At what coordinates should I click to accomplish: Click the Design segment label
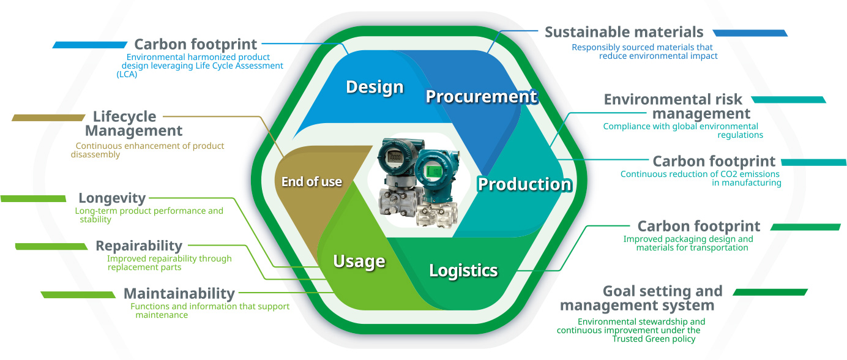coord(375,87)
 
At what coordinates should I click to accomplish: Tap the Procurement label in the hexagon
coord(481,97)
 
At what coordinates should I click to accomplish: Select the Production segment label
coord(524,184)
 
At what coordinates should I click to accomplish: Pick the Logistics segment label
coord(463,270)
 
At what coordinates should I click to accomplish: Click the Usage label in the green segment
coord(359,261)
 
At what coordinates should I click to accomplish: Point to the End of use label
coord(312,182)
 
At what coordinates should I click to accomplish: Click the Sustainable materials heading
coord(624,32)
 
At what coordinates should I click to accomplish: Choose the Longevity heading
coord(112,198)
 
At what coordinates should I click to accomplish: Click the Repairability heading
coord(139,246)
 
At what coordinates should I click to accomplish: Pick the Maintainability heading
coord(179,294)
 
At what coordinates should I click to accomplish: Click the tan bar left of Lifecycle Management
coord(48,118)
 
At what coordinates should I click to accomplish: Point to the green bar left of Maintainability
coord(78,294)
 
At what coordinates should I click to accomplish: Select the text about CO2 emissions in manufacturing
coord(700,178)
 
